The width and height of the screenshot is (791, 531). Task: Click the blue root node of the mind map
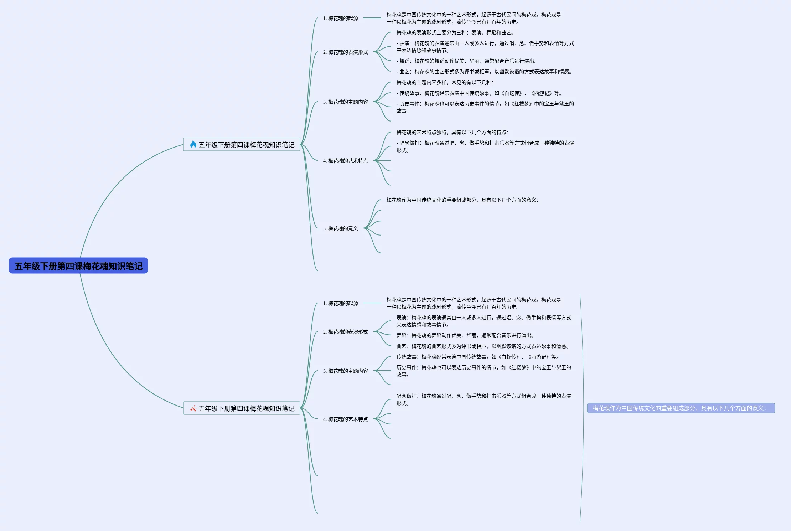pos(78,266)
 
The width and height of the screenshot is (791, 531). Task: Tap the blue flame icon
pos(193,144)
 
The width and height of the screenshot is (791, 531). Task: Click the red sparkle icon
pos(193,408)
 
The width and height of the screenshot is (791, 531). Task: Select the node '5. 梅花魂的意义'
pos(340,228)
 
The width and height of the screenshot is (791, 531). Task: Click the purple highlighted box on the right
pos(681,408)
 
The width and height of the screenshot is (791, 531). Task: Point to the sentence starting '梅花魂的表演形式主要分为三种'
pos(455,32)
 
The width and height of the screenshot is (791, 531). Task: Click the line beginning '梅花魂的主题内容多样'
pos(445,82)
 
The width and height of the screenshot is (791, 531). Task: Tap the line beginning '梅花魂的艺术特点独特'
pos(452,132)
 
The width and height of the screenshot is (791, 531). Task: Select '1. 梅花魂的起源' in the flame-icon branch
pos(340,18)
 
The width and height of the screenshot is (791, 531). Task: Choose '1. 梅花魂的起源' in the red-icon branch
pos(340,303)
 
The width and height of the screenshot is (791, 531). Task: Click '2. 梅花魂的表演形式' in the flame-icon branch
pos(345,52)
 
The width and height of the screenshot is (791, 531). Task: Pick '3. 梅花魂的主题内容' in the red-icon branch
pos(345,371)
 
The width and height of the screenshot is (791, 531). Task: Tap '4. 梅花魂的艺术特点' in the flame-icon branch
pos(345,161)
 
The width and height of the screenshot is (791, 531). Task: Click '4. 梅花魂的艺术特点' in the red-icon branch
pos(345,419)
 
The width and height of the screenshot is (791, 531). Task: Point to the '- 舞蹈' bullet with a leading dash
pos(466,61)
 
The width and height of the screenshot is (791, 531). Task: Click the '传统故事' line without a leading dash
pos(477,357)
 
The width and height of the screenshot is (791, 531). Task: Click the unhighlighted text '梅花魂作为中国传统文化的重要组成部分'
pos(462,200)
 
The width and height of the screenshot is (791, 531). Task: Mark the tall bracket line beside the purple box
pos(582,408)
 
